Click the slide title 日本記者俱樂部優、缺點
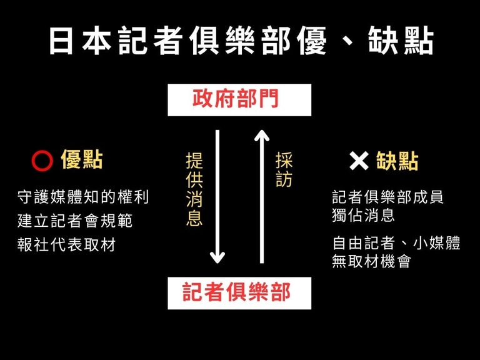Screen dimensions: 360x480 click(x=240, y=41)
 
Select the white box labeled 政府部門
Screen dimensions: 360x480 click(x=239, y=99)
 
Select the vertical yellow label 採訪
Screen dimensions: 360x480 click(x=284, y=169)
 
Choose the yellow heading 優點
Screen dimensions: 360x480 click(x=82, y=161)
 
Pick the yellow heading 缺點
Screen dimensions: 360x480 click(x=397, y=161)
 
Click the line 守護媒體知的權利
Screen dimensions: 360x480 click(x=83, y=197)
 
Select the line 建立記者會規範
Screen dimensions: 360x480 click(x=75, y=221)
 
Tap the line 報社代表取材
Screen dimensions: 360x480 click(x=67, y=244)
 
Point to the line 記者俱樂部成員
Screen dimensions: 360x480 click(x=387, y=197)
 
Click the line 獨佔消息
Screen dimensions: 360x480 click(x=363, y=216)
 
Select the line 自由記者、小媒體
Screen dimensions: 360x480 click(x=396, y=243)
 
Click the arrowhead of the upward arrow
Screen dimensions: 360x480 click(x=262, y=135)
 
